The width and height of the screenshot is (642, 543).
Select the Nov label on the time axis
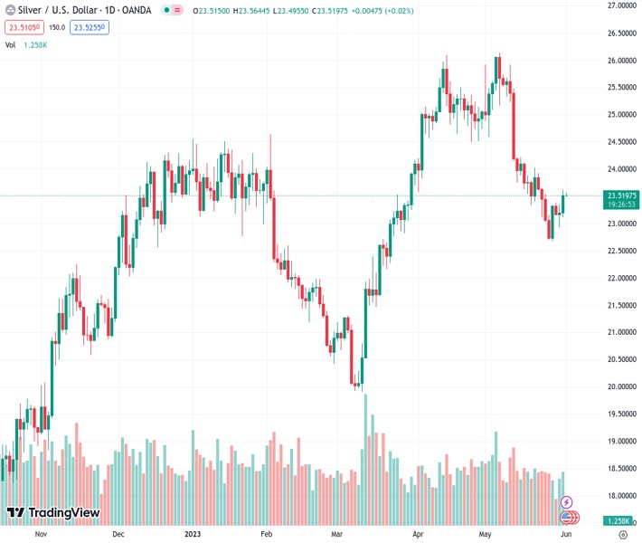coord(40,534)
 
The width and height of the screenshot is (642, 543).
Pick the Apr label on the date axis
coord(418,534)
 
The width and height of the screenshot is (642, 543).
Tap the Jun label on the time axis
coord(565,534)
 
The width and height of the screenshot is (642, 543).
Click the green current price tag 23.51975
coord(622,195)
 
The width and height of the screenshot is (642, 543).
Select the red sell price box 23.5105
coord(22,27)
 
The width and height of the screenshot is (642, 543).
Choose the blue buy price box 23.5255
coord(90,27)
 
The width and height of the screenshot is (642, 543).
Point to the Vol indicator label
coord(11,44)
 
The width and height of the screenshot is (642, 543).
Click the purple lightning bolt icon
coord(567,501)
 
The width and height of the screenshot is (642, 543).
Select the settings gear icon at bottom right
coord(623,534)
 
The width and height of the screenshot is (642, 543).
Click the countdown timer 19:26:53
coord(622,205)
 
